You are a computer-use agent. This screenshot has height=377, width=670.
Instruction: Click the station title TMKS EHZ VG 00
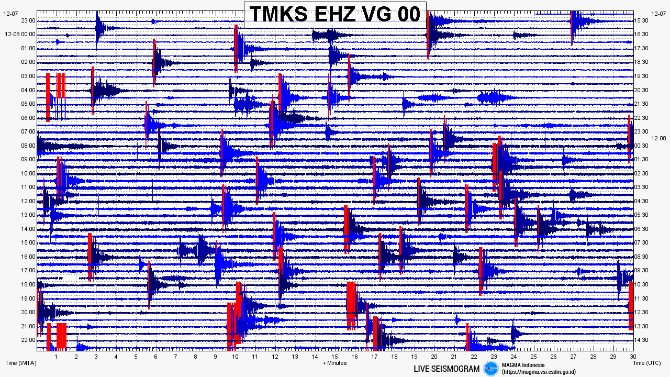coord(335,14)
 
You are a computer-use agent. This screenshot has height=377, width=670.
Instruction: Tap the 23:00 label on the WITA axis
coord(28,20)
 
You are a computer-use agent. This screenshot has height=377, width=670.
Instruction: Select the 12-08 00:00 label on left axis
coord(20,35)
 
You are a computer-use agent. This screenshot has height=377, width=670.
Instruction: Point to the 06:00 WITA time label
coord(28,118)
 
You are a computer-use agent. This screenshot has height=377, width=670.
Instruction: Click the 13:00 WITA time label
coord(28,215)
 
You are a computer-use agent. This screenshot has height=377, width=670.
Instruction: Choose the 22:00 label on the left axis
coord(28,340)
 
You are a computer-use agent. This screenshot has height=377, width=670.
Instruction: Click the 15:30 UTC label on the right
coord(641,20)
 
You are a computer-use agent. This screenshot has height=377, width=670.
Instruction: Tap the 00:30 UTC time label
coord(641,146)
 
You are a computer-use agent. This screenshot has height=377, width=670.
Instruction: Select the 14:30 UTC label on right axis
coord(641,340)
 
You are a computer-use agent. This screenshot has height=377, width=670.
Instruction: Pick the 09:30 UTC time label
coord(641,271)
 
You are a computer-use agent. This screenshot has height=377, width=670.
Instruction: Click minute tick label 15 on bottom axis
coord(334,357)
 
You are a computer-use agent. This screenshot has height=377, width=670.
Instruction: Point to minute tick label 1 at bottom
coord(56,357)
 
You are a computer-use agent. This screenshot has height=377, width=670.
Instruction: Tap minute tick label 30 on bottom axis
coord(633,357)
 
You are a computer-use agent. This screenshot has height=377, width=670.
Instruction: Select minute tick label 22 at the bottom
coord(474,357)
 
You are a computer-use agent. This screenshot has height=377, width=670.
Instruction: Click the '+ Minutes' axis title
coord(334,363)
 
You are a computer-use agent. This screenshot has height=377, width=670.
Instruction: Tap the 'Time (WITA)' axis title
coord(21,363)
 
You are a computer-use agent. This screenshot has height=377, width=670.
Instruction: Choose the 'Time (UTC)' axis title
coord(647,363)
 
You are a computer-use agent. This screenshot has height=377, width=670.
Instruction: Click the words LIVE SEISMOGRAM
coord(446,369)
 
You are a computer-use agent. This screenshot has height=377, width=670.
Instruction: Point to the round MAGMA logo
coord(491,368)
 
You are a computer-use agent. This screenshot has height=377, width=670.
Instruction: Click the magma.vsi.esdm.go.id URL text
coord(539,372)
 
